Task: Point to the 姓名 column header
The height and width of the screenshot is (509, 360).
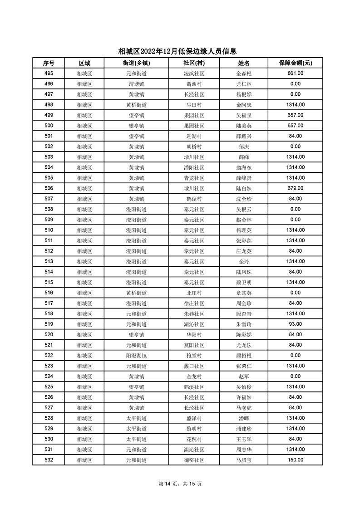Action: point(244,63)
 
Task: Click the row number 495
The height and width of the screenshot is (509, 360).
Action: point(49,73)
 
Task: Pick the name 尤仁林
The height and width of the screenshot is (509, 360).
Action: point(244,84)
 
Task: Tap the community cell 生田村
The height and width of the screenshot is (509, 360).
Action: point(194,105)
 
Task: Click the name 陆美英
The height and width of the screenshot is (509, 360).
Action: point(244,126)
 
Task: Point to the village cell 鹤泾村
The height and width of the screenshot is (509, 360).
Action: point(194,199)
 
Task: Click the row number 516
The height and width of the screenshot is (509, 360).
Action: point(49,293)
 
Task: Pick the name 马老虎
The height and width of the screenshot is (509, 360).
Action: point(244,407)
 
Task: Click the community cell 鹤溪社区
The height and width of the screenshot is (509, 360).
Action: point(194,387)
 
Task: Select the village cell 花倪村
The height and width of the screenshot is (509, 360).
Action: point(194,439)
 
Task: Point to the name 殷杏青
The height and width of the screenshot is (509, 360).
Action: point(244,313)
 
